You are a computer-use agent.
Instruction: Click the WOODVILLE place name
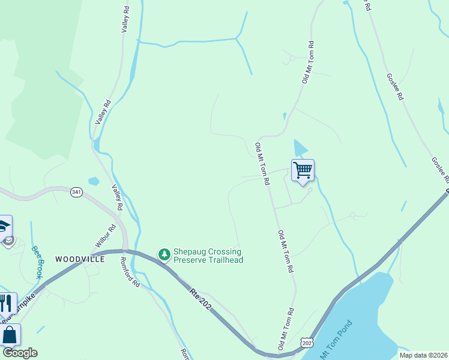pos(80,259)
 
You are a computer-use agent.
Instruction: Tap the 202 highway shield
pos(308,342)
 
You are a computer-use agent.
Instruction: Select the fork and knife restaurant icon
pos(6,304)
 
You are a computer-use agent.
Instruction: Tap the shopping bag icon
pos(10,335)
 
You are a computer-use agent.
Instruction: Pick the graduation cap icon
pos(5,227)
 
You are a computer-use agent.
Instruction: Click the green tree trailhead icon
pos(164,255)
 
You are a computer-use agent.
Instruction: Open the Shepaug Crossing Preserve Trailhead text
pos(208,256)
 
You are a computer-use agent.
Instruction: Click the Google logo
pos(20,353)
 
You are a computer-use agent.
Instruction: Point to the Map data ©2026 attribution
pos(423,355)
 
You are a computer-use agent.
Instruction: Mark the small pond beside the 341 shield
pos(93,181)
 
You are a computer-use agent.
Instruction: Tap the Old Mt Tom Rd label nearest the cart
pos(262,164)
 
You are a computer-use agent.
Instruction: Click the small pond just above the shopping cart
pos(300,148)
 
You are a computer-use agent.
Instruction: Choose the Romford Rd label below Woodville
pos(130,271)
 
